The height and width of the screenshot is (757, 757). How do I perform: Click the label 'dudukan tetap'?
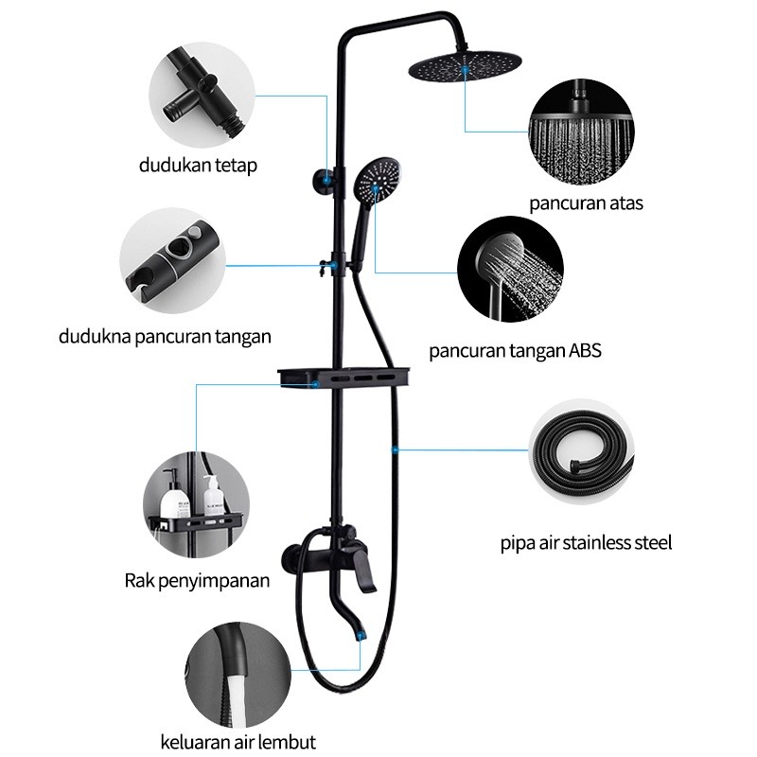coord(198,166)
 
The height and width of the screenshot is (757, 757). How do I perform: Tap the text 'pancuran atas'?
coord(586,203)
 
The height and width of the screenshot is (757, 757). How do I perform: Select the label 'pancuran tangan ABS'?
coord(515,351)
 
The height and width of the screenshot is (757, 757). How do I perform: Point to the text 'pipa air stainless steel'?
coord(586,543)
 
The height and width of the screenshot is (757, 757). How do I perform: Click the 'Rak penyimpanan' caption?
coord(196,580)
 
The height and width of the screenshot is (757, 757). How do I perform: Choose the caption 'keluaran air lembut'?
coord(237,741)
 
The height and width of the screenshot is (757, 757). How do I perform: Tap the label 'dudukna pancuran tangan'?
coord(165,335)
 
